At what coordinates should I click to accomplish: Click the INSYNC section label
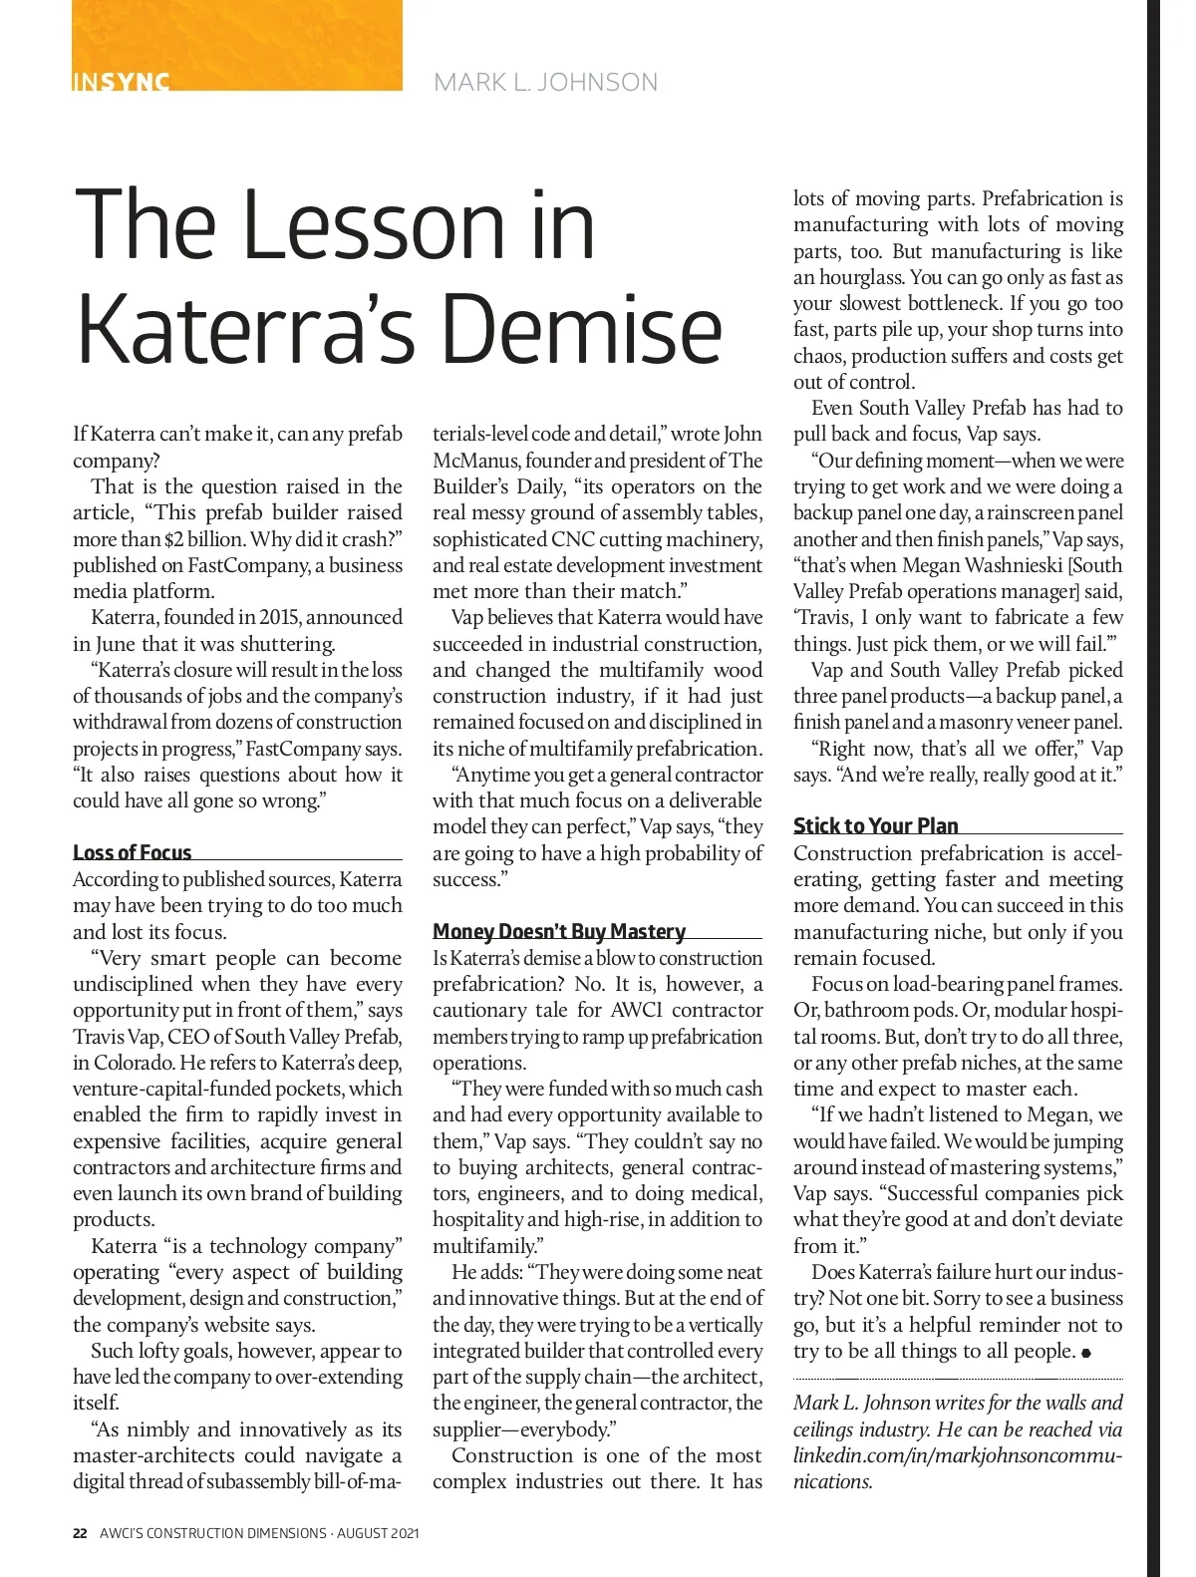pyautogui.click(x=122, y=82)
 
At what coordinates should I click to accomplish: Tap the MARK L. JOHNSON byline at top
pyautogui.click(x=545, y=82)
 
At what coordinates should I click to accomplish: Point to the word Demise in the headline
pyautogui.click(x=583, y=330)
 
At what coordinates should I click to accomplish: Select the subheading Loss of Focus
pyautogui.click(x=132, y=852)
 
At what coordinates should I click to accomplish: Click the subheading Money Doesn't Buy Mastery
pyautogui.click(x=559, y=931)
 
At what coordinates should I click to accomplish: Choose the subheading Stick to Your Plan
pyautogui.click(x=875, y=825)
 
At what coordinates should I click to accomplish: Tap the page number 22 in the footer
pyautogui.click(x=80, y=1533)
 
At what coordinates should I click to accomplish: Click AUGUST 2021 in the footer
pyautogui.click(x=378, y=1533)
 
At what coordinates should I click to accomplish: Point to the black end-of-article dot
pyautogui.click(x=1085, y=1353)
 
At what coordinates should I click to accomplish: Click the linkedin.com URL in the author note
pyautogui.click(x=957, y=1455)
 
